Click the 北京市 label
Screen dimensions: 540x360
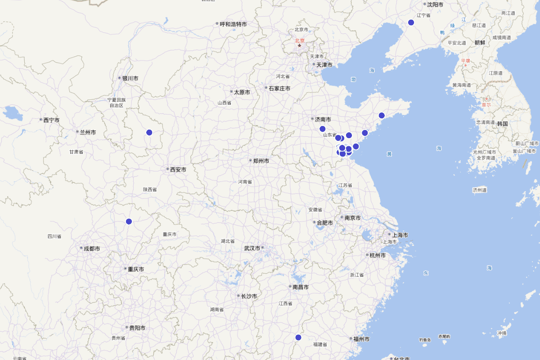tap(301, 30)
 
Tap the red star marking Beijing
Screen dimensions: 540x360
tap(299, 45)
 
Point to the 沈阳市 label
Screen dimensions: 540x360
tap(435, 4)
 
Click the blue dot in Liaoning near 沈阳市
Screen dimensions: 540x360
tap(411, 22)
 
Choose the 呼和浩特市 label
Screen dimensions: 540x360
tap(233, 24)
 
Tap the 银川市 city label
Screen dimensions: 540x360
tap(130, 78)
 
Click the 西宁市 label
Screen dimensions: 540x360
tap(51, 120)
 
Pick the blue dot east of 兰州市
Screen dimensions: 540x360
tap(149, 132)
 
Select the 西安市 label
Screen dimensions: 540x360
tap(178, 170)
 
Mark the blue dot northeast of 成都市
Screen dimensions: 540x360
tap(129, 221)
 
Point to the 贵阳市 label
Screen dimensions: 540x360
tap(137, 328)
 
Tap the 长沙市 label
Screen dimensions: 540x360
tap(248, 296)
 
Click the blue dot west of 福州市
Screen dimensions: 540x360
tap(298, 337)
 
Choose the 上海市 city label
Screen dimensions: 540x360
tap(400, 235)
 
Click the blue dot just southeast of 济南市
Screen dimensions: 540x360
tap(322, 129)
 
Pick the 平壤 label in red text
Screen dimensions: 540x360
tap(465, 61)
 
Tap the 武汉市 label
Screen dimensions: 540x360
tap(252, 248)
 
